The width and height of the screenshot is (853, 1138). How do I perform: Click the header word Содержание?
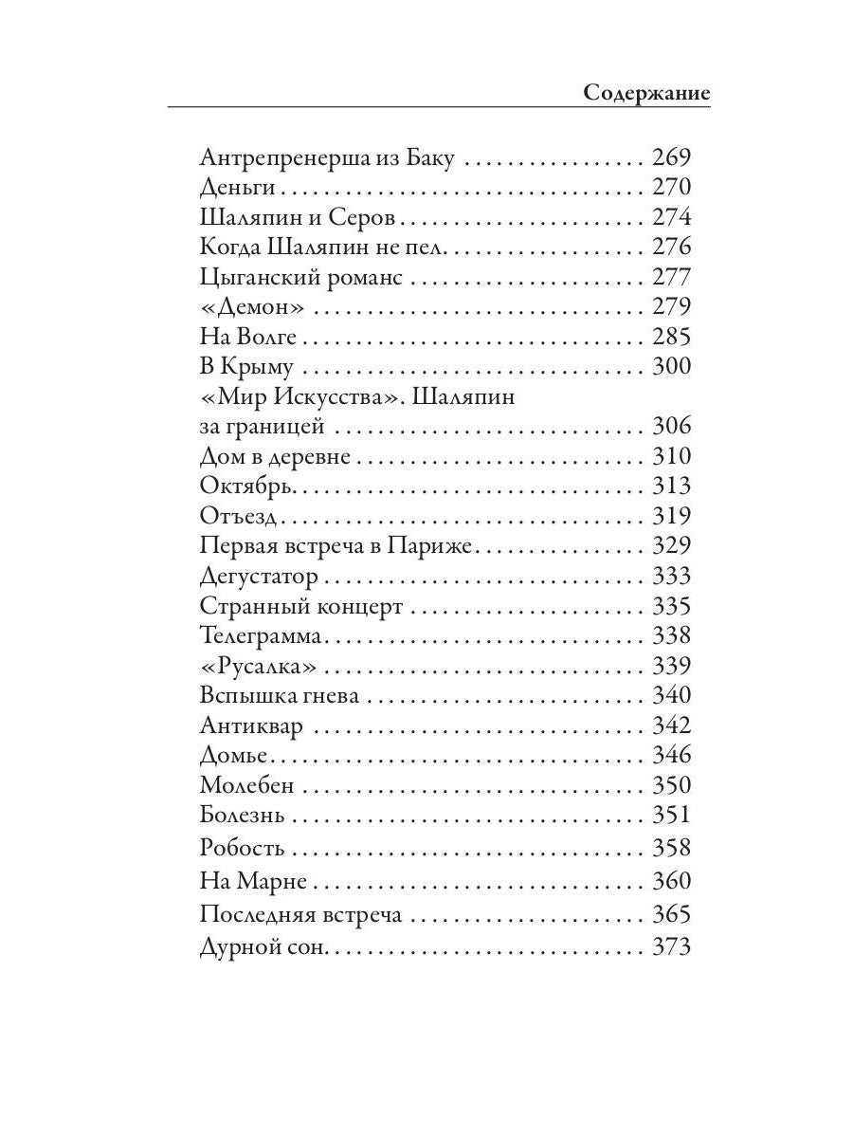pos(646,93)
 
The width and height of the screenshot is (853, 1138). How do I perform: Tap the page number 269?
pos(672,156)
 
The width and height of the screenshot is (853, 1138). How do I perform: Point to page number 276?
pos(672,247)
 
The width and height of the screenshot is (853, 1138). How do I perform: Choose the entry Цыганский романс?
pos(302,277)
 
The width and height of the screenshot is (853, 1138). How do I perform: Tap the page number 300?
pos(672,367)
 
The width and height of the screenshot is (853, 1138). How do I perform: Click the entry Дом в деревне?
pos(276,456)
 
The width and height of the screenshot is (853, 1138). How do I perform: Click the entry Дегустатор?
pos(259,577)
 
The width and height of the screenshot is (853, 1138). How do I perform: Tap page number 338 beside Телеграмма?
pos(672,635)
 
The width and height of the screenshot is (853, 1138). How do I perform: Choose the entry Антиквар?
pos(252,725)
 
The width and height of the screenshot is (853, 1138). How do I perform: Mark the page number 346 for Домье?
pos(672,755)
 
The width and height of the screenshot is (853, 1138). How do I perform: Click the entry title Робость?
pos(243,848)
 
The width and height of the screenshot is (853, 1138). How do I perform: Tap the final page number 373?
pos(672,946)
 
